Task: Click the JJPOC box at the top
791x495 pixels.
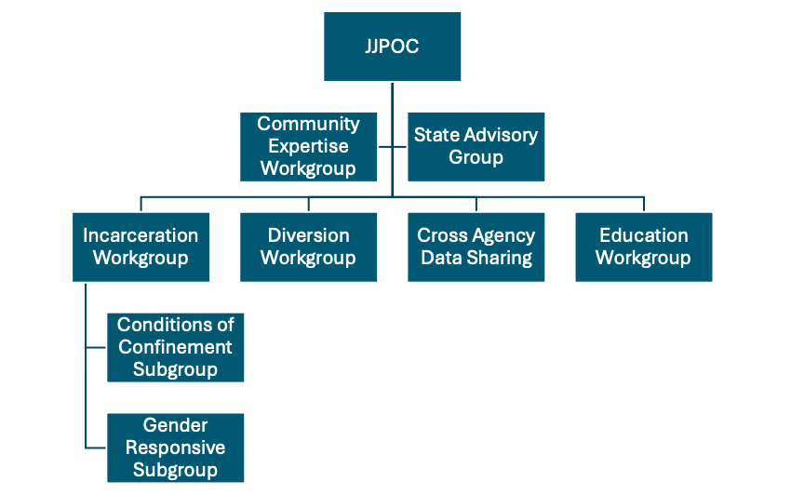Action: tap(392, 47)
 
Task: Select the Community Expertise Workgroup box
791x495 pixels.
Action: tap(308, 146)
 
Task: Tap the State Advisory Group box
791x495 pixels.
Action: tap(476, 146)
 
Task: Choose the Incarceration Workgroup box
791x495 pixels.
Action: tap(141, 247)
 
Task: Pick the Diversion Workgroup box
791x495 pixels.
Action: tap(308, 247)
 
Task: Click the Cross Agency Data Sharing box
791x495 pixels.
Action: tap(476, 247)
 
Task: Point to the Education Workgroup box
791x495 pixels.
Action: tap(643, 247)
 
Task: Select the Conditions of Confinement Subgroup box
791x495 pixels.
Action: tap(176, 347)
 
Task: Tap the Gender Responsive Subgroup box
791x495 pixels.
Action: tap(176, 448)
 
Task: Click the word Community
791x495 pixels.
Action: tap(308, 124)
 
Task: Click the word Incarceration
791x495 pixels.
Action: tap(141, 235)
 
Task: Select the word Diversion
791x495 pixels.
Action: tap(308, 235)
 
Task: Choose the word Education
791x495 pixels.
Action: tap(643, 235)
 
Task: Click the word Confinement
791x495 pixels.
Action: tap(176, 347)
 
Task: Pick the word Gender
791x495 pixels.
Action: tap(176, 425)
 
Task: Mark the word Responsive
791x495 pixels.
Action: tap(176, 448)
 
